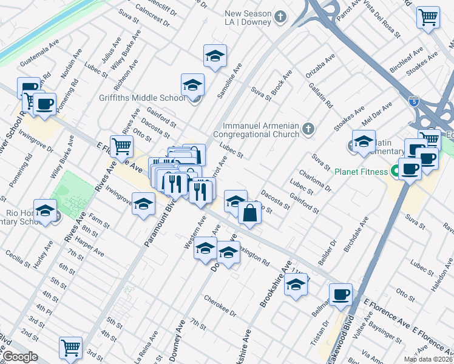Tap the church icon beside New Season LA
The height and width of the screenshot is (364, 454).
coord(280,16)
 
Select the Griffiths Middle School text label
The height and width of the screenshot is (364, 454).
coord(143,98)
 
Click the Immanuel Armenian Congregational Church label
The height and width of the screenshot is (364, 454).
coord(258,132)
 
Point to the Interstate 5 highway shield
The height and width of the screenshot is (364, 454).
coord(413,101)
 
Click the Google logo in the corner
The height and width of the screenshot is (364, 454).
coord(19,357)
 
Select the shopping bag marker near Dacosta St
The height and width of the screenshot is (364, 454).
coord(250,213)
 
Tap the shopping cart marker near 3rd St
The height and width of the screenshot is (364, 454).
coord(70,348)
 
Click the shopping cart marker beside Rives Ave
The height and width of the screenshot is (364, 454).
coord(122,146)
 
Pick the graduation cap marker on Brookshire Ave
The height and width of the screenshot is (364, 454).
coord(296,284)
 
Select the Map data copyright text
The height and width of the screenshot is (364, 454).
coord(427,359)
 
